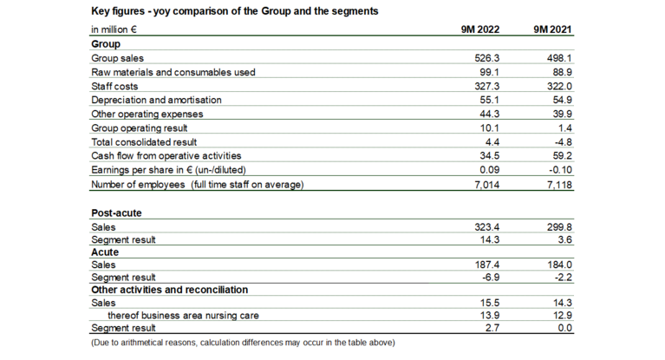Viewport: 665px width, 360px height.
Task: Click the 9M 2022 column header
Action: tap(477, 29)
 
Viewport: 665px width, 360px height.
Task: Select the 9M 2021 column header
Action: tap(552, 29)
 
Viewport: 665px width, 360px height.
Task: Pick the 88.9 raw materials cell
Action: tap(559, 72)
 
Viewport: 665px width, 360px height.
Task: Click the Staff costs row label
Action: tap(114, 86)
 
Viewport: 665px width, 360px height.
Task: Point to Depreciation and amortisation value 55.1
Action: tap(486, 100)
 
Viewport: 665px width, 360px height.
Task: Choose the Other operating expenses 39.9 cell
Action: tap(559, 114)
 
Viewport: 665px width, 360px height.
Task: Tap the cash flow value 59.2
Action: tap(559, 155)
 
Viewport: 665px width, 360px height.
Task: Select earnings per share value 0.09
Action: tap(486, 169)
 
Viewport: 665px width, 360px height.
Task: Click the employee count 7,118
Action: tap(556, 183)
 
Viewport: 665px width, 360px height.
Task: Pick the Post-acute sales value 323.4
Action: tap(483, 226)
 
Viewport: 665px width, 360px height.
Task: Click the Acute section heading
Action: tap(105, 251)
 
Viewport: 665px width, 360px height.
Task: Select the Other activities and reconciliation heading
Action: tap(170, 290)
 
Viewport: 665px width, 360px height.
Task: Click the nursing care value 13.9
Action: tap(486, 315)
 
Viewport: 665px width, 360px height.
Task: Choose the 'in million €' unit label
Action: tap(115, 29)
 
